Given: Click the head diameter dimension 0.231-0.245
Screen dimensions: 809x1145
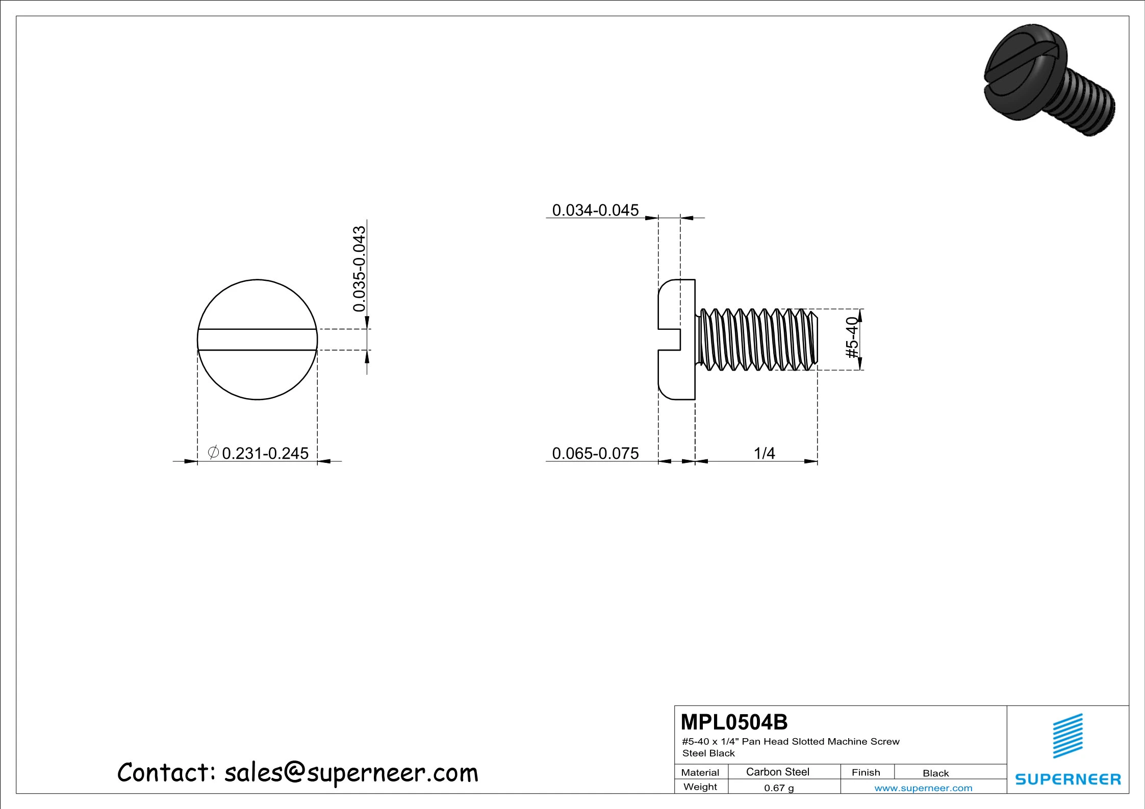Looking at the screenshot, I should pos(265,453).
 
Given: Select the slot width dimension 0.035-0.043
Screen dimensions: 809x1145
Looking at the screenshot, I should pos(360,269).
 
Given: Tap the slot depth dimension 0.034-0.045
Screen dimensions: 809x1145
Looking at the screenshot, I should pos(595,210).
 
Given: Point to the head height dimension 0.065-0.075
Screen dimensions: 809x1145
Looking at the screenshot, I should pos(595,453).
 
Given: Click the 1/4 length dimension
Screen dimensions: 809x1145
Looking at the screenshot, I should pos(764,453).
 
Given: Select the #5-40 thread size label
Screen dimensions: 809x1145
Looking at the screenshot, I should pos(852,337).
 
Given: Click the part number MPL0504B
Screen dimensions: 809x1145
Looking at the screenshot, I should pos(734,722).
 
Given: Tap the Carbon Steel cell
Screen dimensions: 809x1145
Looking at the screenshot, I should pos(777,772).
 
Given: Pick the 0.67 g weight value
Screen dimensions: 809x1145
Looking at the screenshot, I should pos(779,788).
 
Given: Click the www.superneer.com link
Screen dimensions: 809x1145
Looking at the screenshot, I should pos(923,788).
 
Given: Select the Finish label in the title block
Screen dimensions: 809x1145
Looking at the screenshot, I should pos(866,772).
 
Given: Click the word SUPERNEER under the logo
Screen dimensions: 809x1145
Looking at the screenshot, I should pos(1068,779).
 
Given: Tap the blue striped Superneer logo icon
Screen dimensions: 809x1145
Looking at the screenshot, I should pos(1067,736).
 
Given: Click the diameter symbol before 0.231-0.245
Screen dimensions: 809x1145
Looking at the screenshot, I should pos(213,452).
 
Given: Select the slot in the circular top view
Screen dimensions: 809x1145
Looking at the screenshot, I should pos(257,340).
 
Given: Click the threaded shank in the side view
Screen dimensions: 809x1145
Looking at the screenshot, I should pos(757,340).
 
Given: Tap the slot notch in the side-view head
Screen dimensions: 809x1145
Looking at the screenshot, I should pos(670,340).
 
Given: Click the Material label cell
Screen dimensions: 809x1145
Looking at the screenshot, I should pos(700,772).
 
